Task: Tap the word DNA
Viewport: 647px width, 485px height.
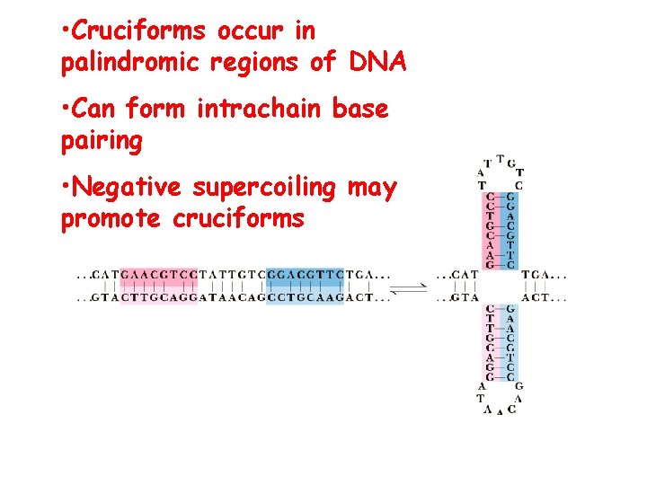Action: [377, 63]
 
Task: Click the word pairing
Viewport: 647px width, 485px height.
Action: [101, 141]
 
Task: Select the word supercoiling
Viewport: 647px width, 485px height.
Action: [264, 188]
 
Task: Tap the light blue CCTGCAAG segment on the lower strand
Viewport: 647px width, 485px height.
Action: [306, 297]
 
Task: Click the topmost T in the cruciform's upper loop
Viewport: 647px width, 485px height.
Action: [500, 156]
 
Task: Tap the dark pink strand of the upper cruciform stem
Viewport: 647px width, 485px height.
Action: [490, 230]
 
